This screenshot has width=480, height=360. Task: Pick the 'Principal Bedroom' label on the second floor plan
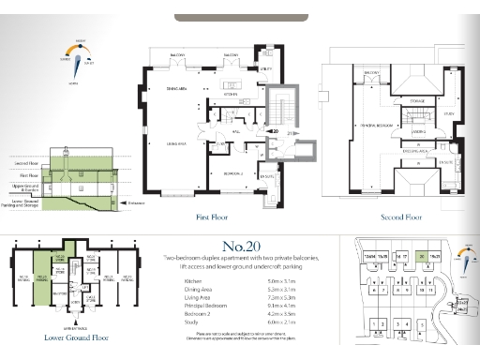pyautogui.click(x=375, y=124)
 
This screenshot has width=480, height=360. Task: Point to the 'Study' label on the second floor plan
pyautogui.click(x=449, y=114)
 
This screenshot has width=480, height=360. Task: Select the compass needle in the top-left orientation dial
pyautogui.click(x=81, y=55)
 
